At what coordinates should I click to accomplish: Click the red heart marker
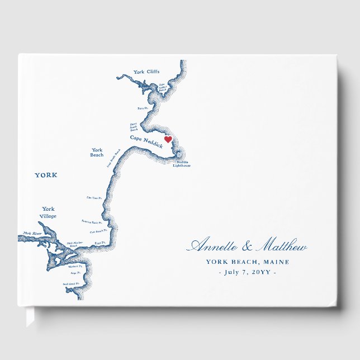point(167,140)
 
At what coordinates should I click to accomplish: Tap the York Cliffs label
point(146,72)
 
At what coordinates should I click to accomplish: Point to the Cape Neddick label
point(146,141)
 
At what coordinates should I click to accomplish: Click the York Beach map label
point(97,152)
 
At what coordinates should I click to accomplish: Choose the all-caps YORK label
point(46,175)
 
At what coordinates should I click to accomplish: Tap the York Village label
point(49,212)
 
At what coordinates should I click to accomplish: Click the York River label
point(32,233)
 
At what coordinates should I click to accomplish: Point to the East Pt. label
point(100,243)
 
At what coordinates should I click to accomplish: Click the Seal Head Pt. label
point(71,283)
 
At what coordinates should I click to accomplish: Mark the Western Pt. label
point(75,266)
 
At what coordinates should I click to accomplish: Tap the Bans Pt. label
point(143,108)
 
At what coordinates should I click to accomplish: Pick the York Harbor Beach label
point(74,245)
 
